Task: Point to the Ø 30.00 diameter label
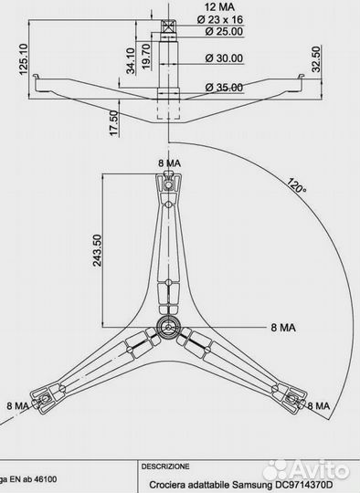216,58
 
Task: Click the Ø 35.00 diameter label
216,87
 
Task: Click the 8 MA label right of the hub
281,326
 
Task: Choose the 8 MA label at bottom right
320,405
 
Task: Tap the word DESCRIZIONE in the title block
164,465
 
